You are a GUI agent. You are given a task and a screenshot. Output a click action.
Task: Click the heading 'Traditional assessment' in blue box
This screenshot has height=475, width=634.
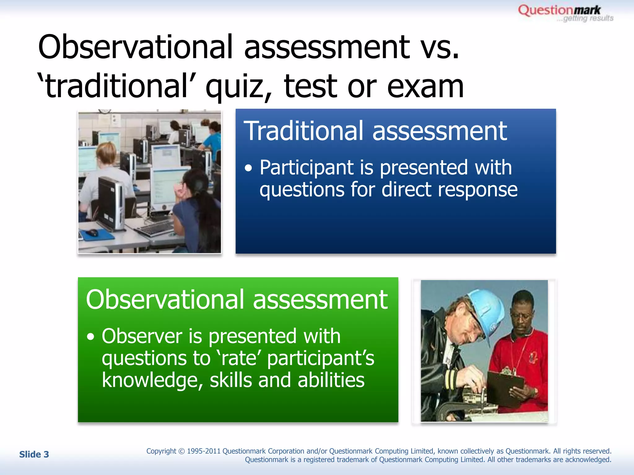point(375,131)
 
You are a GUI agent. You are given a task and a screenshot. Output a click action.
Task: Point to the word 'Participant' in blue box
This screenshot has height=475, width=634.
point(306,168)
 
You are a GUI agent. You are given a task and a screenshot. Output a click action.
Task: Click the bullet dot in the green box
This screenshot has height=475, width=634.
point(90,337)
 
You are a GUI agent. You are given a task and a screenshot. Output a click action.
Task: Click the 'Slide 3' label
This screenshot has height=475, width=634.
point(34,454)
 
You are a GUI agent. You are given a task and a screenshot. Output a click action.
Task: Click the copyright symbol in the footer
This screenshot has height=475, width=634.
point(181,451)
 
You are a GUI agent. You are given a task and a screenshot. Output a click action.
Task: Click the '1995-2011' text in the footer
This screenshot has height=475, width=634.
point(203,451)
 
